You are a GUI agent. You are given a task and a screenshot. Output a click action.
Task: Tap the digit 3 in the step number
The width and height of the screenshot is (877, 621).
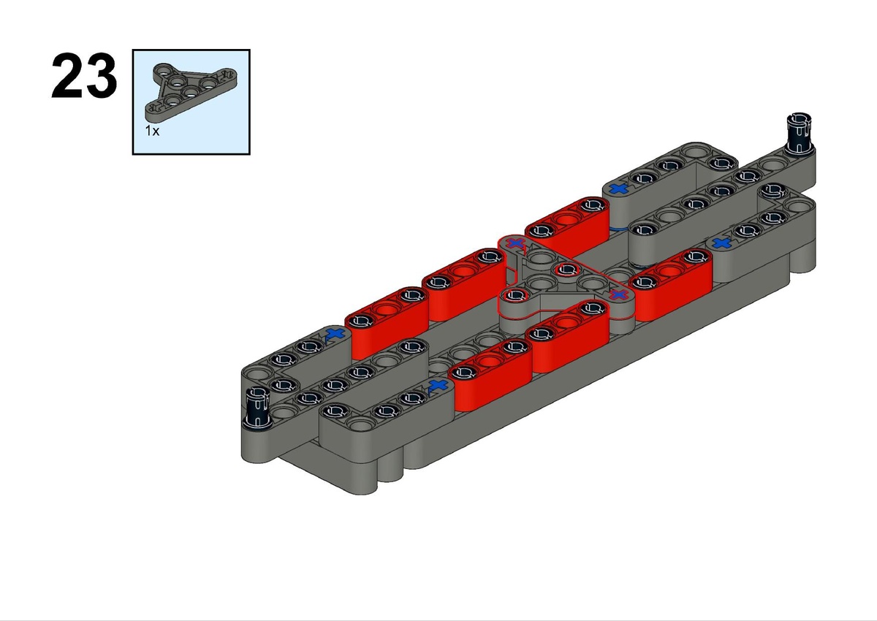pyautogui.click(x=101, y=75)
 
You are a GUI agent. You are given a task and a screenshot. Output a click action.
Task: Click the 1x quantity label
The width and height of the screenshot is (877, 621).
pyautogui.click(x=152, y=131)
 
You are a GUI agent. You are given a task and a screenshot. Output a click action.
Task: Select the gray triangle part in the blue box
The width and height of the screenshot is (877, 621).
pyautogui.click(x=191, y=91)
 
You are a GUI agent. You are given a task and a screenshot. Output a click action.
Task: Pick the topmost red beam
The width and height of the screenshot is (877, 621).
pyautogui.click(x=567, y=223)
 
